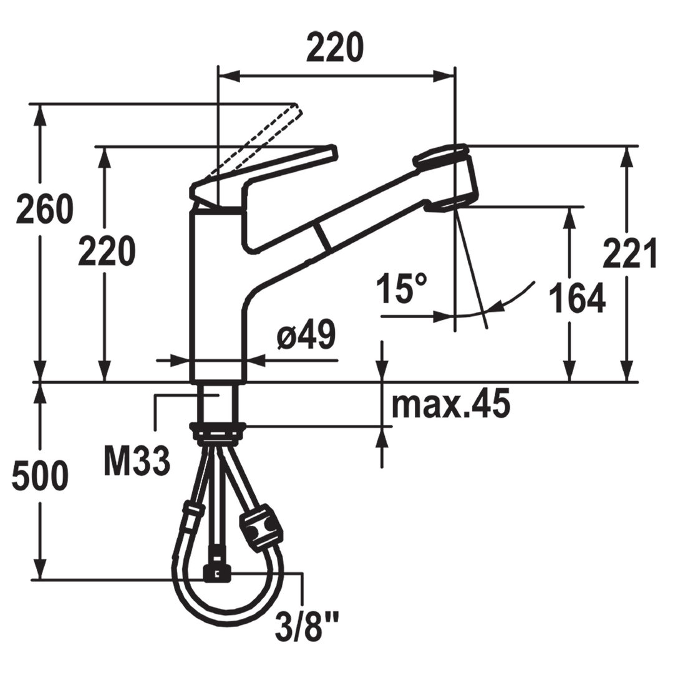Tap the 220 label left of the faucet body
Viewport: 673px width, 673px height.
pos(107,251)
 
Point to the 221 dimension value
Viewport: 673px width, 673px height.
pos(629,253)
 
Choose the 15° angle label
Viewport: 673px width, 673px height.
pos(402,288)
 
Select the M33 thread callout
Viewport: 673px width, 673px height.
pos(137,461)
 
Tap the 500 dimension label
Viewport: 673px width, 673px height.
pos(40,476)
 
